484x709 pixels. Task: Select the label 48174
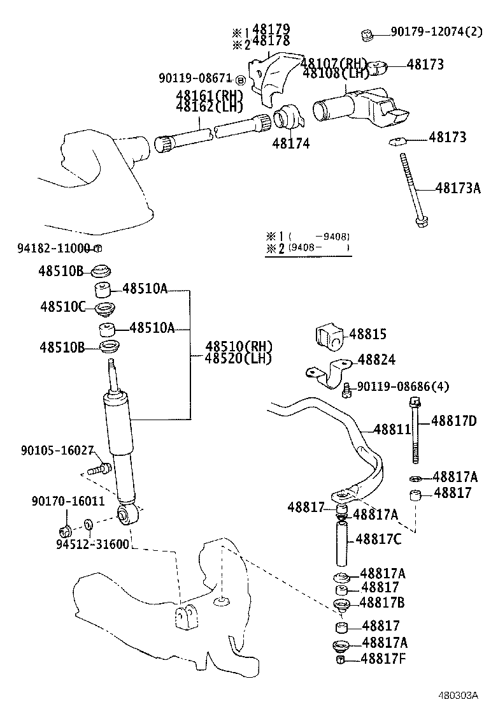point(291,144)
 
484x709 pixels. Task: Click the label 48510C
point(62,307)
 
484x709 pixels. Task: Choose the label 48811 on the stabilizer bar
point(392,430)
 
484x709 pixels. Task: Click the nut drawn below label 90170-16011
point(65,529)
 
